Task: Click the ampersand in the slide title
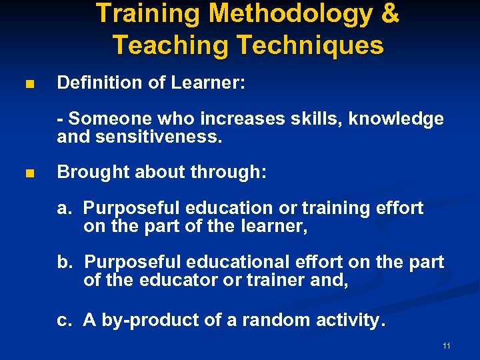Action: pyautogui.click(x=387, y=14)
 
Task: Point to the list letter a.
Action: pyautogui.click(x=64, y=209)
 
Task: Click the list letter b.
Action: pyautogui.click(x=65, y=263)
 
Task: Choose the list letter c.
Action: pyautogui.click(x=64, y=321)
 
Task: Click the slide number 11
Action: pyautogui.click(x=447, y=346)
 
